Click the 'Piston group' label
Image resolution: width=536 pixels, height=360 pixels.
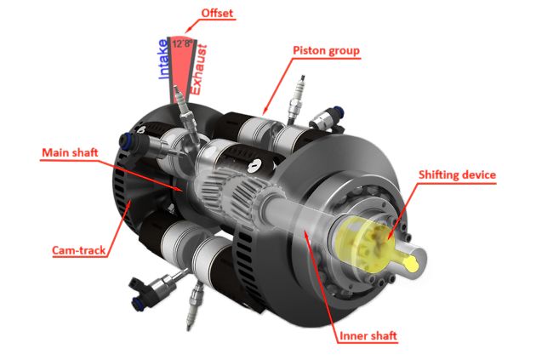tap(327, 50)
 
